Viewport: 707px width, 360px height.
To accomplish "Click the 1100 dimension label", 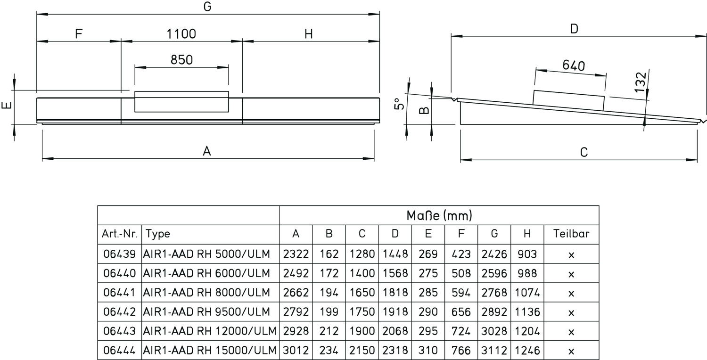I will (x=181, y=34).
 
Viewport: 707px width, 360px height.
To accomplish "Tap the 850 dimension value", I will (x=181, y=60).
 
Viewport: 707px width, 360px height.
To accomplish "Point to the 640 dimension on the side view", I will (x=574, y=65).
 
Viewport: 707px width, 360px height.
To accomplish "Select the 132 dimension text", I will (x=640, y=83).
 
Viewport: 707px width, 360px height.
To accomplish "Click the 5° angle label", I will (x=399, y=104).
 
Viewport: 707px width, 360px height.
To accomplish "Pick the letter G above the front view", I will (x=207, y=7).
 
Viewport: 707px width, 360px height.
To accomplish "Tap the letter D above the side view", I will (x=574, y=29).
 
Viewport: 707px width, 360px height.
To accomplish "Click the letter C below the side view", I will (x=584, y=152).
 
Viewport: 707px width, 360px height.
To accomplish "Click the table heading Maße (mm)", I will (x=439, y=216).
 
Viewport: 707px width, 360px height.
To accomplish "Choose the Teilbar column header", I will (x=571, y=234).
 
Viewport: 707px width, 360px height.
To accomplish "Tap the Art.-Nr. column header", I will (x=119, y=234).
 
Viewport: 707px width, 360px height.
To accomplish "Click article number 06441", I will (x=119, y=293).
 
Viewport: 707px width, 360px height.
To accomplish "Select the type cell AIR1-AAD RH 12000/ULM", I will (x=210, y=331).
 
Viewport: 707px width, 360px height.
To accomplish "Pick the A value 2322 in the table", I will (x=296, y=254).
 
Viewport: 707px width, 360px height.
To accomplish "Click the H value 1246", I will (x=527, y=351).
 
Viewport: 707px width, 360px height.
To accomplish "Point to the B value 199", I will (x=329, y=312).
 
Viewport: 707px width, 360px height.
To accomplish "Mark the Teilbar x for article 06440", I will (x=571, y=273).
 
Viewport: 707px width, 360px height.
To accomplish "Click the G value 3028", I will (x=494, y=331).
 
